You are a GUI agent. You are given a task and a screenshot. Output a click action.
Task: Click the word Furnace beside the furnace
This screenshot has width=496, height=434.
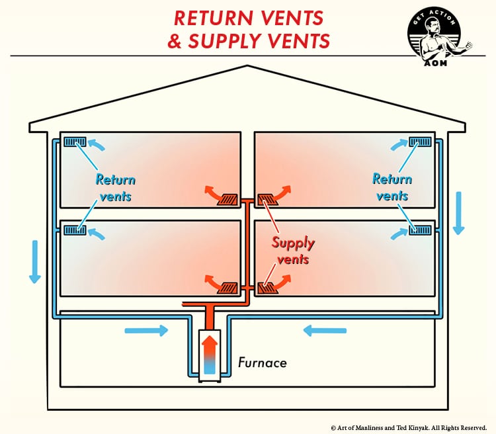click(x=262, y=363)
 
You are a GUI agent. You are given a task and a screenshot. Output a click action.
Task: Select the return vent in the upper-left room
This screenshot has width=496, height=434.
click(x=75, y=142)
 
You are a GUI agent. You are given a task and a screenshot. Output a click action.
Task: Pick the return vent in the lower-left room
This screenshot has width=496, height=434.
click(x=75, y=230)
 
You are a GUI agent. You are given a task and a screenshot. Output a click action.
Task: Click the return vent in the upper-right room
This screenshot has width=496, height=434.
click(x=421, y=142)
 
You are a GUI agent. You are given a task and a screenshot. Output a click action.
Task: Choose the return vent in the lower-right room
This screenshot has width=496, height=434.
click(x=421, y=230)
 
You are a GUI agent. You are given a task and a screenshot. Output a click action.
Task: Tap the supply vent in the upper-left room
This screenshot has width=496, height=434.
click(x=229, y=198)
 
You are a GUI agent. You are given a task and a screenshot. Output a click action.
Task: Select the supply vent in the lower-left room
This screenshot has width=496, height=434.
click(x=229, y=287)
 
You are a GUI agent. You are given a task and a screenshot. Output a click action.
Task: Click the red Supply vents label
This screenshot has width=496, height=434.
click(x=294, y=251)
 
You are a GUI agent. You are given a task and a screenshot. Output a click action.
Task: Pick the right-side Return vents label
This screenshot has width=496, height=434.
click(x=392, y=187)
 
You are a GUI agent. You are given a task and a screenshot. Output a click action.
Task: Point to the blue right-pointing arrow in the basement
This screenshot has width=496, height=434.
click(x=146, y=330)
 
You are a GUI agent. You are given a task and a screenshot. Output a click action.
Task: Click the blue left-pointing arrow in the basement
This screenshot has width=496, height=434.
click(x=323, y=330)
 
